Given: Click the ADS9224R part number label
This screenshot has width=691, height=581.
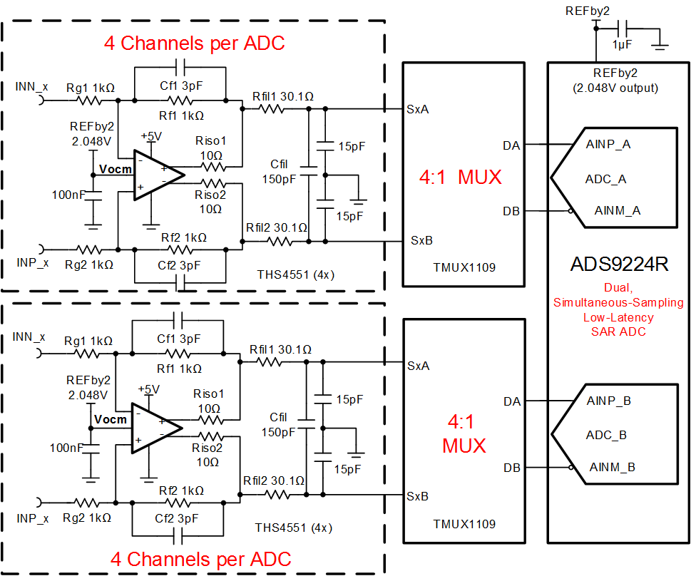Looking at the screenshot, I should tap(619, 264).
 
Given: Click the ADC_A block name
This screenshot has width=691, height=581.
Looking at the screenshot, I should tap(605, 178).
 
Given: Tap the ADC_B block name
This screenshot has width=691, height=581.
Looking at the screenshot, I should tap(605, 434).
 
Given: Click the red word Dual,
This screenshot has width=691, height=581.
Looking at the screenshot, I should tap(619, 287).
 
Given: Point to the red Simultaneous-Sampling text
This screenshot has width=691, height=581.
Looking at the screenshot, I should tap(619, 302).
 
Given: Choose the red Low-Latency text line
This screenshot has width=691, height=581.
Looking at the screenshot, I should tap(619, 317).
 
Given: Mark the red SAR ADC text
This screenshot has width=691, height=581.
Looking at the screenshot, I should tap(619, 331).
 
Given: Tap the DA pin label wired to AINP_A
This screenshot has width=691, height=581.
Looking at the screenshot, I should tap(511, 145).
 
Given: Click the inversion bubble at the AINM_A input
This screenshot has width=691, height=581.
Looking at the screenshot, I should tap(572, 211).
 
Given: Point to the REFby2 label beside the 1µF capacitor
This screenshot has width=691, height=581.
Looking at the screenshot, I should tap(587, 11).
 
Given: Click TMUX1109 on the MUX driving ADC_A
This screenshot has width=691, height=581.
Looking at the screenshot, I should tap(464, 268).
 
